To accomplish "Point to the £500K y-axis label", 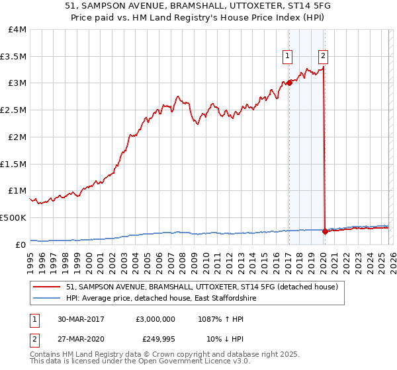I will click(13, 217).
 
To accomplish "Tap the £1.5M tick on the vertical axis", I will click(13, 164).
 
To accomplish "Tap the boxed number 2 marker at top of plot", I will click(323, 57).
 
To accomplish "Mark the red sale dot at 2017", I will click(289, 83).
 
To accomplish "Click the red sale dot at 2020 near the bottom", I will click(325, 231).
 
